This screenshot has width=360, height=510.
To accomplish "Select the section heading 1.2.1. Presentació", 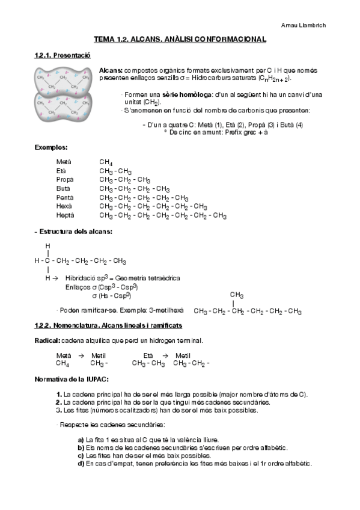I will (62, 55).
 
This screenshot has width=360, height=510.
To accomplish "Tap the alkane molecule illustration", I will (62, 94).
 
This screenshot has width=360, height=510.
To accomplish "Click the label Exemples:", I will (51, 147).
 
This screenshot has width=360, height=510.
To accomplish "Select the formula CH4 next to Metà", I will (106, 162).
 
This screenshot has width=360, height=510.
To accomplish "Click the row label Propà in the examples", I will (64, 180).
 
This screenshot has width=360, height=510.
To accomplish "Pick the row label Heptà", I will (65, 215).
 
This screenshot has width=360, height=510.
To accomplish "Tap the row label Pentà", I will (65, 197).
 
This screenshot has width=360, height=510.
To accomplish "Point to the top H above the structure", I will (47, 245).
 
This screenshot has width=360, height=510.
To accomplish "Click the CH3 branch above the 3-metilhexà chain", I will (236, 295).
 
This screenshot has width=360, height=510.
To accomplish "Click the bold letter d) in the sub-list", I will (81, 463).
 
